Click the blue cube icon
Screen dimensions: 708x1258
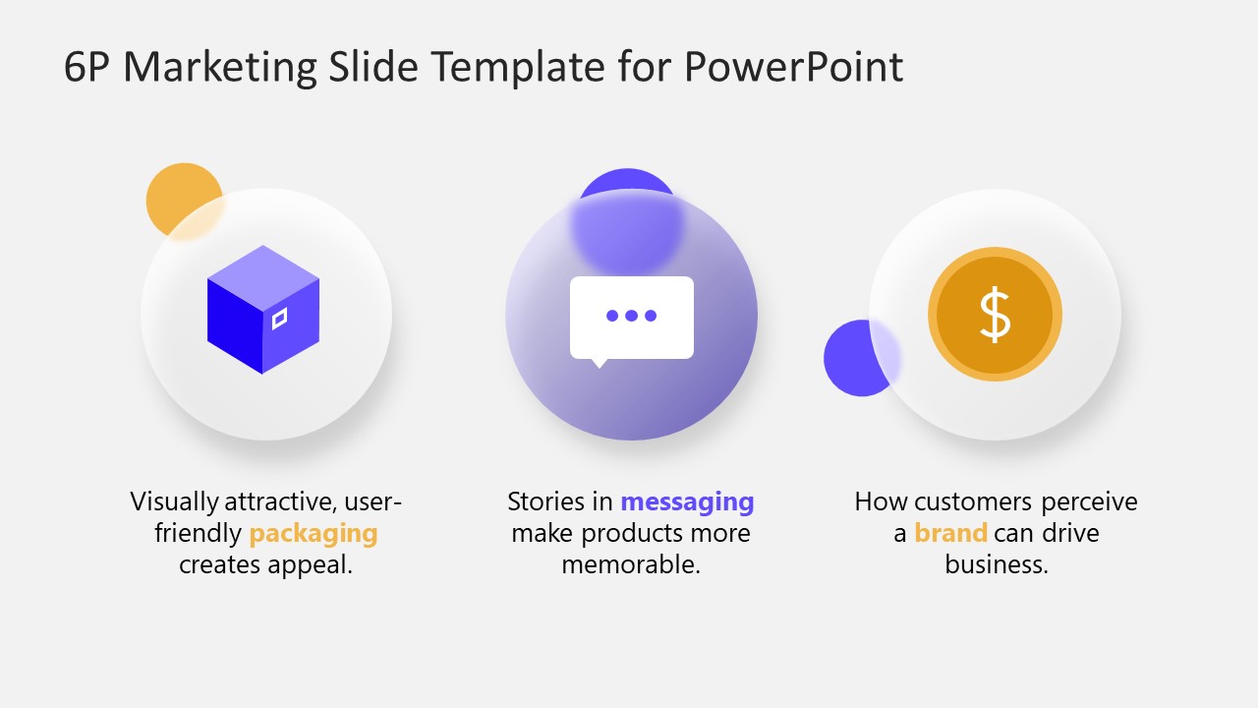click(x=263, y=310)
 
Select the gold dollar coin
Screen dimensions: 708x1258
click(x=995, y=315)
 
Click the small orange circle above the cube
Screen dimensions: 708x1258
click(x=181, y=197)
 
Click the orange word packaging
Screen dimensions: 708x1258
click(x=313, y=533)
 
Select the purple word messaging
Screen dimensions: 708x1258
click(x=687, y=501)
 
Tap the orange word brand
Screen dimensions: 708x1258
click(x=950, y=533)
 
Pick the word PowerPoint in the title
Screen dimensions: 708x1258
click(x=792, y=67)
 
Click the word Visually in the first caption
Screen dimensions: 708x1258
click(x=174, y=501)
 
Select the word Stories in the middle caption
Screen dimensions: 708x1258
click(x=545, y=501)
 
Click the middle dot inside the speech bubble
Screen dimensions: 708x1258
click(x=632, y=316)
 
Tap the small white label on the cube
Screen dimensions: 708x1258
click(x=280, y=320)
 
